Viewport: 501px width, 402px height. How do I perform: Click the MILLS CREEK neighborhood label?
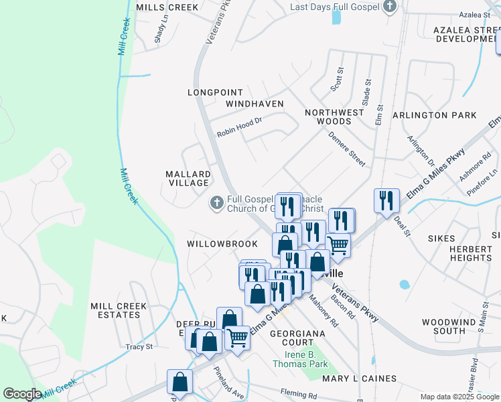[x=167, y=7]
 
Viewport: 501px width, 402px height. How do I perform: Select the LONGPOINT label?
[x=212, y=92]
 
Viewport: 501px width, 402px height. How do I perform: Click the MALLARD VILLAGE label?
[x=188, y=178]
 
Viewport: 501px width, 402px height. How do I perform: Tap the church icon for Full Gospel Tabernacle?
[x=216, y=202]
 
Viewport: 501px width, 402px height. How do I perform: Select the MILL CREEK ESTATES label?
[x=118, y=311]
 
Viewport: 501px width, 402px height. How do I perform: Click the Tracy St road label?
[x=139, y=346]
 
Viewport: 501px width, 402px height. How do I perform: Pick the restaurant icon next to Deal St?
[x=386, y=200]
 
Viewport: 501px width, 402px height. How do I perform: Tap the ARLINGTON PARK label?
[x=434, y=115]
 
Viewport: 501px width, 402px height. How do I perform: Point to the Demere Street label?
[x=346, y=149]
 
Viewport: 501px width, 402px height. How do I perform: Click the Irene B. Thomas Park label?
[x=300, y=359]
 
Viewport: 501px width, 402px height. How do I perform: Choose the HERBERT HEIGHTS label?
[x=471, y=253]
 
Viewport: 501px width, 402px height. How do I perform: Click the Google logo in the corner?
[x=22, y=393]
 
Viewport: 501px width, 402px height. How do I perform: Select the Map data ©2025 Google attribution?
[x=459, y=397]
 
